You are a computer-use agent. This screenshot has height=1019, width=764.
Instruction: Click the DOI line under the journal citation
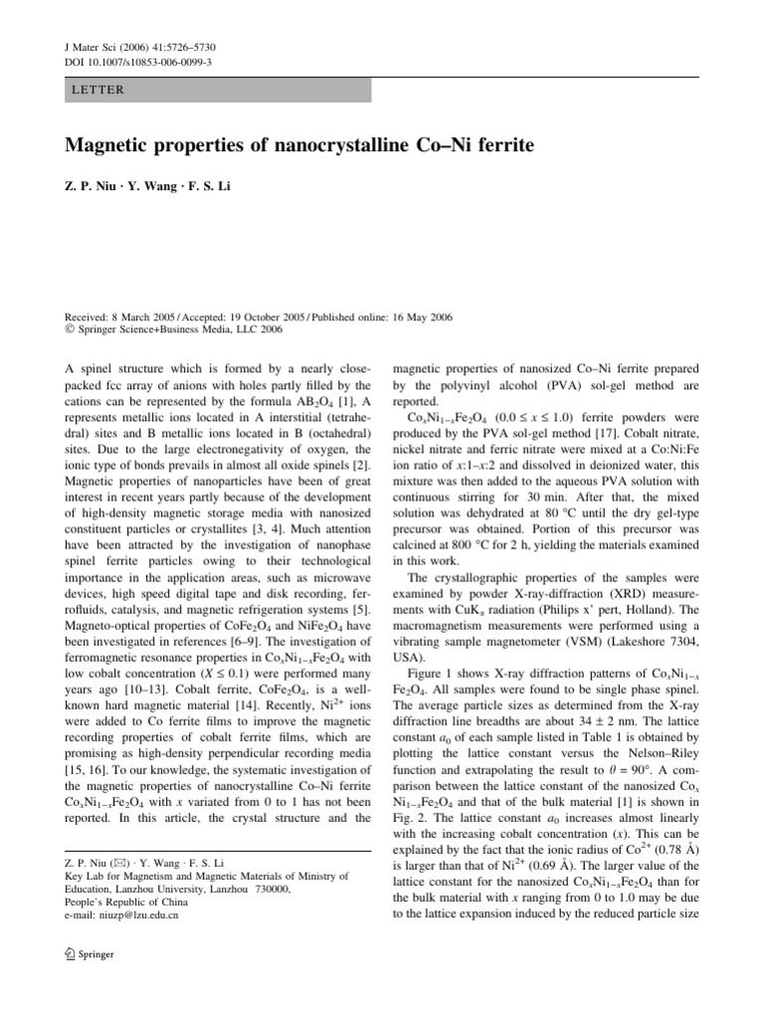(x=131, y=63)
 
